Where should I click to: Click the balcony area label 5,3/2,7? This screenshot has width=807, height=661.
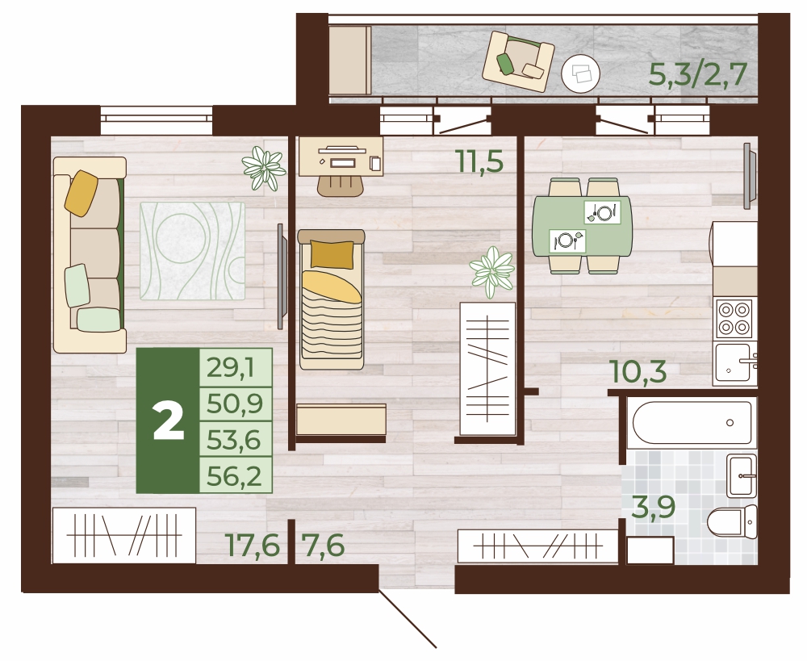pos(697,74)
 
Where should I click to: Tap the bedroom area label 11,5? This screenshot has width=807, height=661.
pos(479,161)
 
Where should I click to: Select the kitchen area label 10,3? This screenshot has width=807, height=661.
pos(638,371)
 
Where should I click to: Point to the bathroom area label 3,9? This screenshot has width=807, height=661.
pos(653,508)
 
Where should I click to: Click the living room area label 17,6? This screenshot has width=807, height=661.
pos(252,545)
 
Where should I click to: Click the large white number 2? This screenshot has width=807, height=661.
pos(169,421)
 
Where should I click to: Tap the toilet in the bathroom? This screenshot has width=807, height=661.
pos(732,521)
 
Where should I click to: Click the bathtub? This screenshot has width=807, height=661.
pos(692,422)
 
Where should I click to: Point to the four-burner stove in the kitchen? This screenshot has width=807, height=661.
pos(734,318)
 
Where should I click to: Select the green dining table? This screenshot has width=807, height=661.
pos(582,226)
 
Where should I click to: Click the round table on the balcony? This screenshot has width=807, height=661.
pos(580,73)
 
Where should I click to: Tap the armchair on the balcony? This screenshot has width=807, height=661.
pos(518,61)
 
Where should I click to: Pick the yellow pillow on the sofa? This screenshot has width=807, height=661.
pos(82,193)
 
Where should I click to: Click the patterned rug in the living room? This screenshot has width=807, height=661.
pos(193,251)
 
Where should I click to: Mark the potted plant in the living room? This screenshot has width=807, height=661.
pos(264,168)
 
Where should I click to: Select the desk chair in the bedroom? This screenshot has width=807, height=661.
pos(341,186)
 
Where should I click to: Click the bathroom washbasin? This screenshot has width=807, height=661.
pos(741,475)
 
